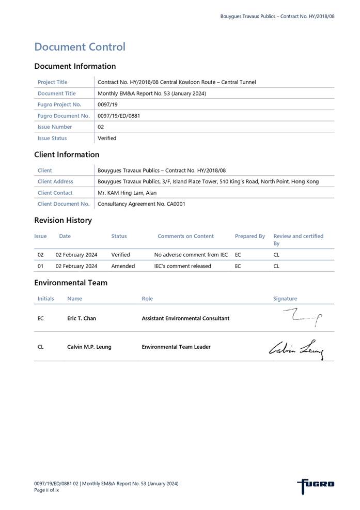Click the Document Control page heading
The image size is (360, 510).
(80, 47)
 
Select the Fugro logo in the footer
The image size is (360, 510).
(316, 485)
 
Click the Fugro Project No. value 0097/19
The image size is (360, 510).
(107, 104)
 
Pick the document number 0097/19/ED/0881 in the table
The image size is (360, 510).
(119, 116)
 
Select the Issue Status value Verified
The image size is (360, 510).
(107, 138)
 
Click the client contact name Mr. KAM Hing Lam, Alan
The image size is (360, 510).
(127, 193)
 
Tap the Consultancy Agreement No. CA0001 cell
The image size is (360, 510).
(141, 204)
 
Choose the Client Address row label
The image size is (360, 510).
(55, 181)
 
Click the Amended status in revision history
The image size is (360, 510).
(123, 266)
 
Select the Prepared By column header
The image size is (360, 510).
(249, 236)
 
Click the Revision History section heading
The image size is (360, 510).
(63, 220)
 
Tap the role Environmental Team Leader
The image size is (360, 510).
(176, 347)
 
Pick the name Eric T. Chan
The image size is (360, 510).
(82, 318)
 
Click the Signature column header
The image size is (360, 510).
(285, 299)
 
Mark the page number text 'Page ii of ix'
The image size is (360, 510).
(46, 490)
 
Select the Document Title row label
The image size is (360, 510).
(56, 94)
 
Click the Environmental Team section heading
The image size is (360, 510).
(71, 283)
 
